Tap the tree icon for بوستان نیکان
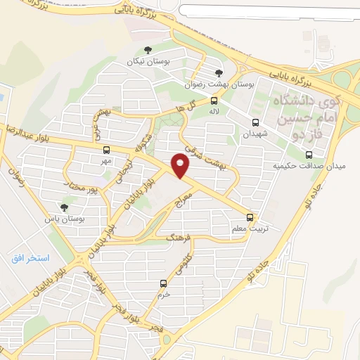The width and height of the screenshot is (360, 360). point(147,49)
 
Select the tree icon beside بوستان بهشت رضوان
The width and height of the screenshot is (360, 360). point(219,72)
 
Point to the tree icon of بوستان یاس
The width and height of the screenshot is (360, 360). point(65,207)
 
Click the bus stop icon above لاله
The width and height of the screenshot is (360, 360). point(214,100)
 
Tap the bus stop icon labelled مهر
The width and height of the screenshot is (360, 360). point(106,150)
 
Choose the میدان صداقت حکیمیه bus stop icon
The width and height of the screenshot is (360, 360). point(309,155)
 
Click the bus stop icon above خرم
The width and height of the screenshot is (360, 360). point(163,283)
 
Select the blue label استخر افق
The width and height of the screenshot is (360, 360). point(30,258)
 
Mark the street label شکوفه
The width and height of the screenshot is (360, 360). point(145,141)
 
